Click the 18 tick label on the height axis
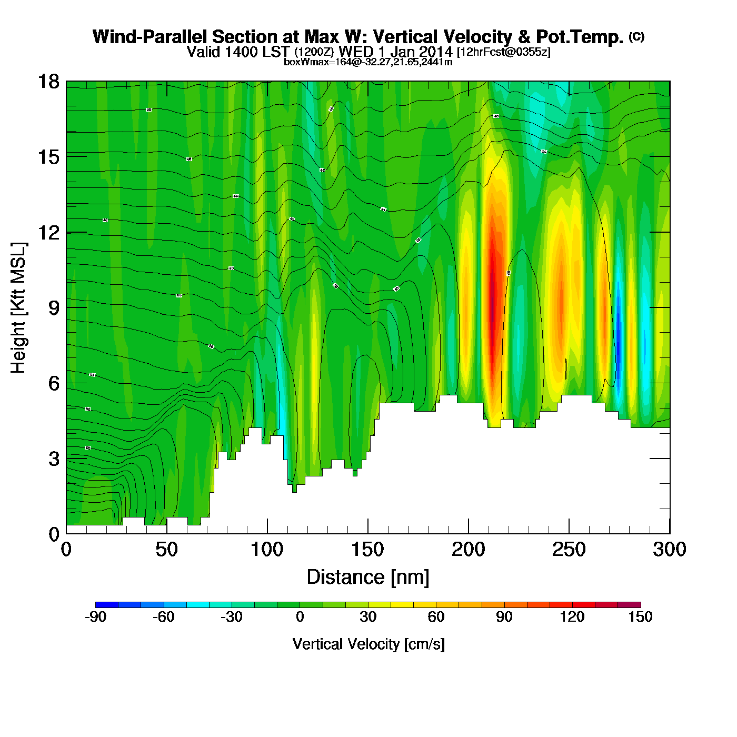click(x=48, y=82)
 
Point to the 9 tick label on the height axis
click(x=54, y=308)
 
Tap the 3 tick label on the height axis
click(x=54, y=459)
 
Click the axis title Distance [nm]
click(x=368, y=577)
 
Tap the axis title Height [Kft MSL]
click(x=18, y=308)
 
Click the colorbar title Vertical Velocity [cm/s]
click(x=368, y=644)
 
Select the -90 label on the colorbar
click(x=95, y=617)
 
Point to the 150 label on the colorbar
click(x=640, y=617)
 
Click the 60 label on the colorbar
click(x=436, y=617)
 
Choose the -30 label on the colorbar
click(x=231, y=617)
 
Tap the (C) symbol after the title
click(x=636, y=36)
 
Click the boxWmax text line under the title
click(x=368, y=62)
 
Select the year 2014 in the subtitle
click(x=435, y=52)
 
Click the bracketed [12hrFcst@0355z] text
click(x=504, y=52)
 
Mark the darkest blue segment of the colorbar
click(x=107, y=604)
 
